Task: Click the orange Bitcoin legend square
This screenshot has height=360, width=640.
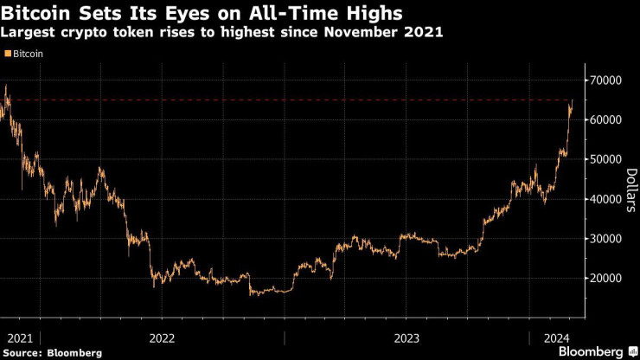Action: coord(8,54)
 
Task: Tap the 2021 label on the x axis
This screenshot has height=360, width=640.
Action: coord(19,337)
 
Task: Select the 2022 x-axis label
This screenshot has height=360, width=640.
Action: coord(163,337)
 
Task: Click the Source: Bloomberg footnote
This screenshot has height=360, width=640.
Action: coord(53,353)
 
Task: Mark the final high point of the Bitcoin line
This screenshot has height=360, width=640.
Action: coord(572,101)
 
